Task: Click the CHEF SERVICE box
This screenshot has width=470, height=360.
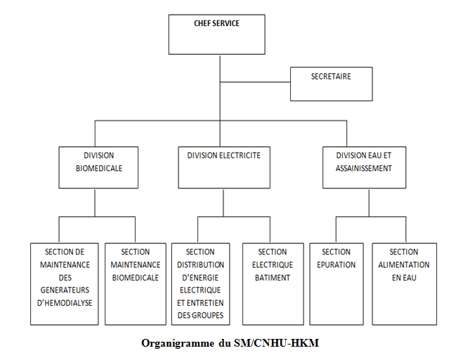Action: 216,34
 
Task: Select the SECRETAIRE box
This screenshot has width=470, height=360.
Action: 331,84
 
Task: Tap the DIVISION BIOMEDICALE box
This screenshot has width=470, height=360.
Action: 98,167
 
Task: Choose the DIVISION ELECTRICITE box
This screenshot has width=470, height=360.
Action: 224,167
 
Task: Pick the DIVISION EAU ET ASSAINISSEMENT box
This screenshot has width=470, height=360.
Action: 364,167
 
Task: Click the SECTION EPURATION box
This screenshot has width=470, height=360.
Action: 337,284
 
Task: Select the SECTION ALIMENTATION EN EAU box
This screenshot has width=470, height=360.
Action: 405,284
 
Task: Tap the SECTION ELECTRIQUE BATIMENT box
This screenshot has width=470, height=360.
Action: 273,284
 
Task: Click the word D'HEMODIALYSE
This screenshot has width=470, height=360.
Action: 65,303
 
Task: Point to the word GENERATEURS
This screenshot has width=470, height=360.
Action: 65,290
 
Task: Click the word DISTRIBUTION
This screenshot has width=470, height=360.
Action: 200,265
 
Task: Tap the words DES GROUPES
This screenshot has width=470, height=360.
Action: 200,315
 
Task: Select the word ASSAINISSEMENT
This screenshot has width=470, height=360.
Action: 364,168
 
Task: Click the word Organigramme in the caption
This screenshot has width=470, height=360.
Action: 178,343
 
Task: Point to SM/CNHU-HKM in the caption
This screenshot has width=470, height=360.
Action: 276,342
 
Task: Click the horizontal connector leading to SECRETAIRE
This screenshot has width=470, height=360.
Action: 255,82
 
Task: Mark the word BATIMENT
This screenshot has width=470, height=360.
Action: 273,278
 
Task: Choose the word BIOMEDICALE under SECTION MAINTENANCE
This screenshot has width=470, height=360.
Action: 136,278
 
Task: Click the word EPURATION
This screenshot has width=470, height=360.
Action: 337,265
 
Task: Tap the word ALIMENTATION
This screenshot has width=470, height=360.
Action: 404,265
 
